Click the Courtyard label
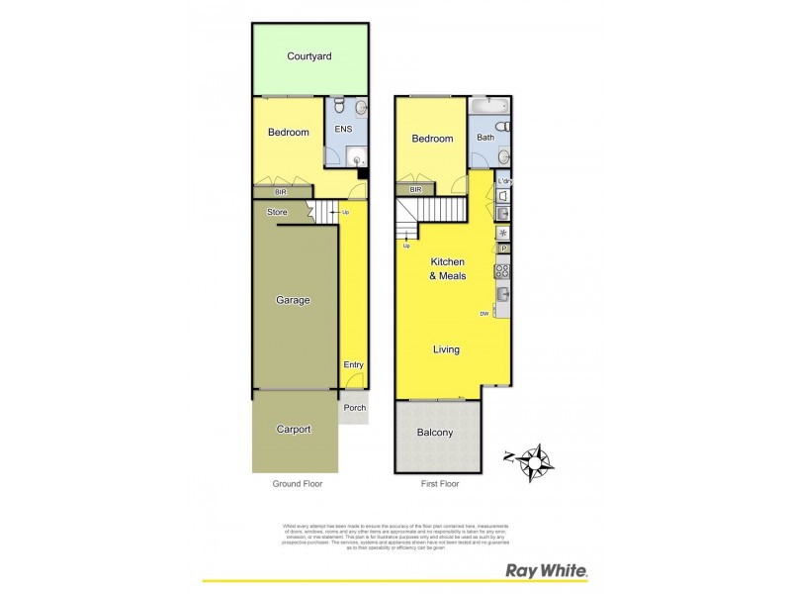[x=308, y=56]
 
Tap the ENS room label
[x=343, y=129]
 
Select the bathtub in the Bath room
[x=489, y=104]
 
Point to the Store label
[x=278, y=211]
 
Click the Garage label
[x=293, y=300]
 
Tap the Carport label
[x=294, y=430]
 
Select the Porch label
[x=354, y=408]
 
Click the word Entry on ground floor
[x=353, y=365]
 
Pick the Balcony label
[x=435, y=433]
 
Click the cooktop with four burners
[x=501, y=270]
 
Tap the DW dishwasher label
[x=484, y=314]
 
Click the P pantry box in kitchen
[x=502, y=248]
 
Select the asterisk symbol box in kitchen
[x=502, y=234]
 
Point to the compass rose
[x=535, y=460]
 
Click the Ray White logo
[x=547, y=571]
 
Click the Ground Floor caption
[x=298, y=484]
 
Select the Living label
[x=446, y=349]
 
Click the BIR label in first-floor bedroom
[x=416, y=189]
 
